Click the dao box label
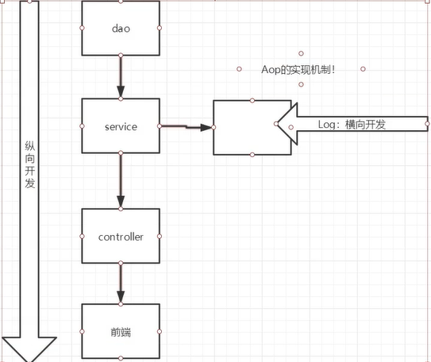tap(121, 29)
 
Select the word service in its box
tap(121, 127)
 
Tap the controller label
tap(121, 237)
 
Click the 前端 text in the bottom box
tap(121, 332)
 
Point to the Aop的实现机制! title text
tap(298, 70)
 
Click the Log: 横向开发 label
tap(352, 125)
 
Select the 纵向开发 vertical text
tap(29, 164)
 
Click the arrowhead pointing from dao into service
tap(121, 91)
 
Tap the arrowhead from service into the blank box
tap(206, 128)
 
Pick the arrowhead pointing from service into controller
tap(121, 202)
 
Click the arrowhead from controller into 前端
tap(121, 297)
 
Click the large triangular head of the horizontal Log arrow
tap(288, 124)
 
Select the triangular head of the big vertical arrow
tap(29, 349)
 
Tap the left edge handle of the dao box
tap(82, 28)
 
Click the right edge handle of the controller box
tap(160, 237)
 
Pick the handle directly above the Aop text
tap(302, 53)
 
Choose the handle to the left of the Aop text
tap(239, 69)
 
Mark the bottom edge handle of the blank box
tap(252, 155)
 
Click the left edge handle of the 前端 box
tap(82, 332)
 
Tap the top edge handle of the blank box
tap(252, 101)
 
